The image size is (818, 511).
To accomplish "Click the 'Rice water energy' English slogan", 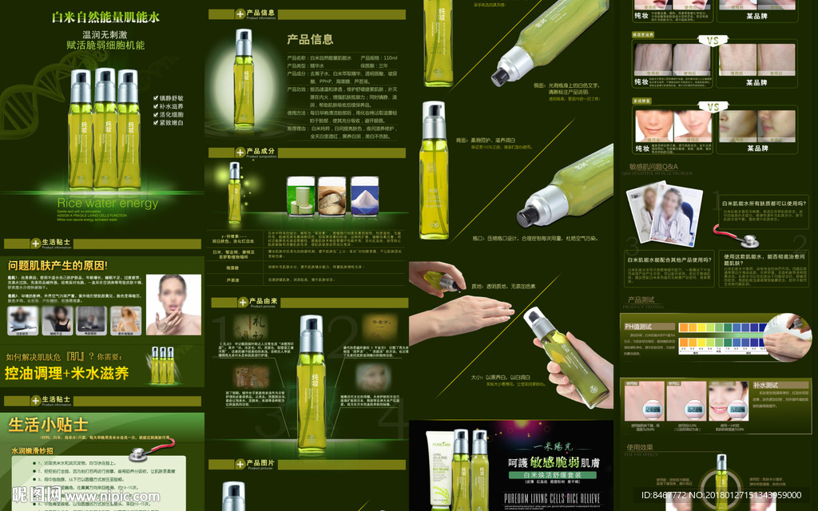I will click(x=108, y=203).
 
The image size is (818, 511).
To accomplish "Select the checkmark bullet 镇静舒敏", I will click(x=170, y=99).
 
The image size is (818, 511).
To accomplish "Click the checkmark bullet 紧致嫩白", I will click(x=170, y=123).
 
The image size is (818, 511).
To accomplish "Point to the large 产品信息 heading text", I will click(x=310, y=39).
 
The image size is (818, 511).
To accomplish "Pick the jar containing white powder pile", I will click(x=364, y=196).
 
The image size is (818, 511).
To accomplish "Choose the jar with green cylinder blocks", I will click(x=301, y=196).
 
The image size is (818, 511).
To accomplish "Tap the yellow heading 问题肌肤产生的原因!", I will click(x=58, y=265).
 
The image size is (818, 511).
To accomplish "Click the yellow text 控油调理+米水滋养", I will click(x=67, y=373).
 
